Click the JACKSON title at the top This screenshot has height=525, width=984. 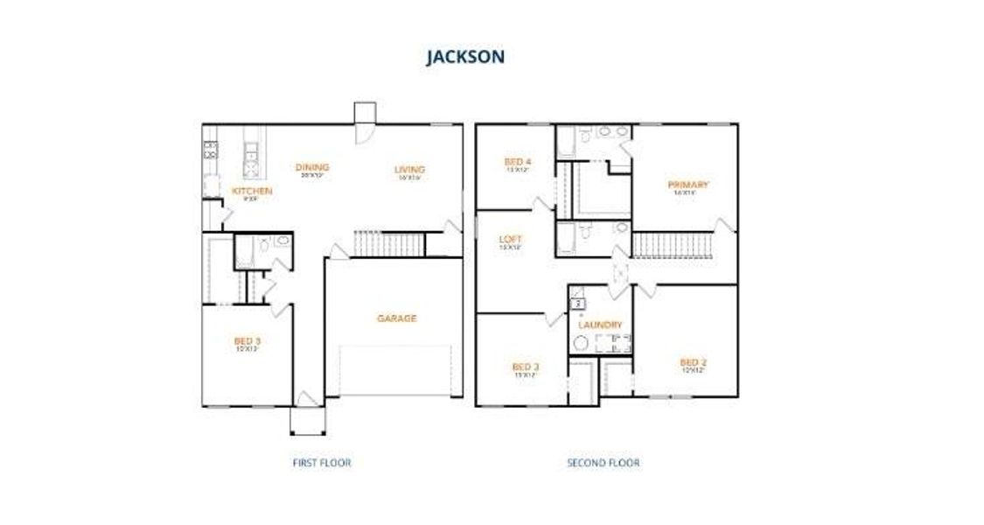464,58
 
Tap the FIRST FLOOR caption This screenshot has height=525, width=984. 321,462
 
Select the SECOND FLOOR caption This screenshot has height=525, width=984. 603,462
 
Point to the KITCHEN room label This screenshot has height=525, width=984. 252,191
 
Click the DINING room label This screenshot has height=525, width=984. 312,168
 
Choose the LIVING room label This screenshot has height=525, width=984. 409,170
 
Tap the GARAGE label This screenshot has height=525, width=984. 396,318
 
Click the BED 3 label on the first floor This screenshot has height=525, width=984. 247,340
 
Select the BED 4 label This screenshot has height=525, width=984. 517,162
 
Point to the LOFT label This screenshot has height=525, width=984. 510,238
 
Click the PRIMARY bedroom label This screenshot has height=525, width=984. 687,185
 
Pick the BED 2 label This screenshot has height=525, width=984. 693,362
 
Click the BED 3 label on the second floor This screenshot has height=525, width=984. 525,367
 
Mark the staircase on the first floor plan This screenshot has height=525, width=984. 388,244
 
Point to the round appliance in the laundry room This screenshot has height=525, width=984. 579,344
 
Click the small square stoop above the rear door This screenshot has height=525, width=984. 365,114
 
